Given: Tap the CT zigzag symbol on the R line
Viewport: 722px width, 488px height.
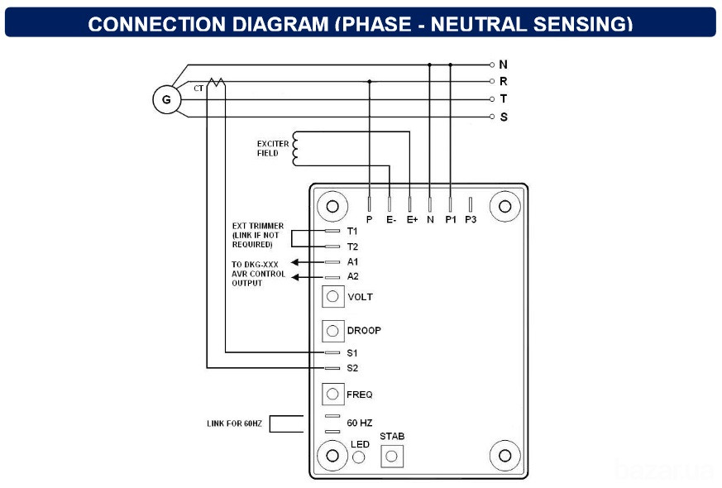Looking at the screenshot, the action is click(216, 83).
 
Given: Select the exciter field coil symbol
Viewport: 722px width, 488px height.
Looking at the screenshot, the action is click(295, 149).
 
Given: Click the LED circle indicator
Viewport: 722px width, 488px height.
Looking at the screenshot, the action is click(359, 457).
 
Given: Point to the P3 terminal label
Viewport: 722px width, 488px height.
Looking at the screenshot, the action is click(471, 220).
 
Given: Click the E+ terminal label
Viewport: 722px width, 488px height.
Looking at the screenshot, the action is click(412, 220).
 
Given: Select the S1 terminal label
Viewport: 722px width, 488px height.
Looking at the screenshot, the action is click(352, 353).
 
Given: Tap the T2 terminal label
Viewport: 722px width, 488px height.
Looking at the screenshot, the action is click(352, 246).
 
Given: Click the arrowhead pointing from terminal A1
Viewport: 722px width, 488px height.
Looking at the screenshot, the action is click(295, 262).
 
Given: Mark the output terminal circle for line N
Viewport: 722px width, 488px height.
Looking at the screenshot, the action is click(492, 65).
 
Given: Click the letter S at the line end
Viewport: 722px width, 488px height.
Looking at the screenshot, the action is click(504, 117).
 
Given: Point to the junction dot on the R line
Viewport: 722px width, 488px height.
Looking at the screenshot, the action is click(370, 82).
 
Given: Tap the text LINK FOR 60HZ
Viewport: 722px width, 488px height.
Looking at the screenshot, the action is click(234, 423).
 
